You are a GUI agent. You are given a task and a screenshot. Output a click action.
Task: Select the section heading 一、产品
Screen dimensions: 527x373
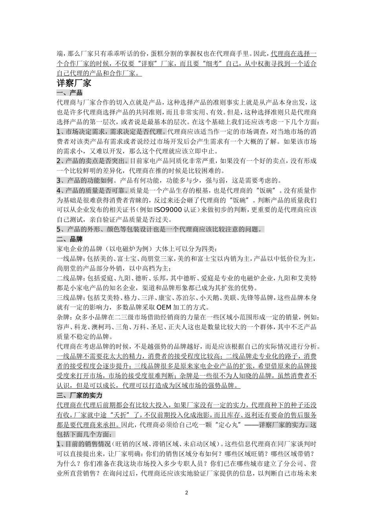(69, 93)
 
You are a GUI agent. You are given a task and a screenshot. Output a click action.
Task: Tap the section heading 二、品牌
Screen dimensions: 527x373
(69, 239)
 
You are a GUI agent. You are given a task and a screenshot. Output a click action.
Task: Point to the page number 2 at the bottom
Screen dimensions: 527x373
(186, 492)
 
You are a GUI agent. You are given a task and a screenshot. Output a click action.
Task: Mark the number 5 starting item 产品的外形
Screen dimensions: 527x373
(59, 229)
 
